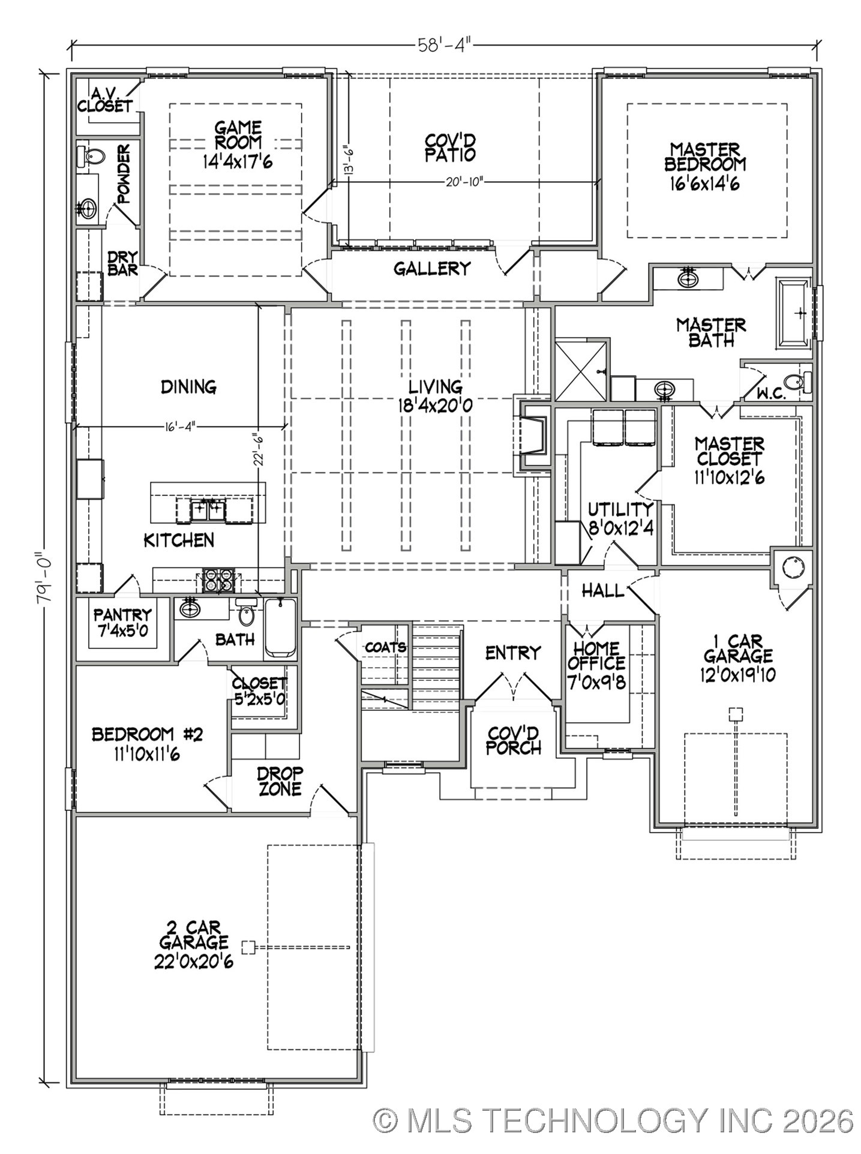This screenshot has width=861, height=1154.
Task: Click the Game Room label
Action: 238,136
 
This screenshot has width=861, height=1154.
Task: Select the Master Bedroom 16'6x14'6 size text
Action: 704,183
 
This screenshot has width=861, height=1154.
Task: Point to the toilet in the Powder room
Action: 91,158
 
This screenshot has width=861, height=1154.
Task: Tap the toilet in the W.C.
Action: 798,381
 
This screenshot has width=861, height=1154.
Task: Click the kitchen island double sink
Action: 208,510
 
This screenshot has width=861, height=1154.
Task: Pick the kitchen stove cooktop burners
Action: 218,581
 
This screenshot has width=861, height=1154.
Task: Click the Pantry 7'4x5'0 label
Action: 122,623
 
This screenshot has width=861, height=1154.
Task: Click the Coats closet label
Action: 385,647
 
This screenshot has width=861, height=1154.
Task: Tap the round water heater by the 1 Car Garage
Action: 793,567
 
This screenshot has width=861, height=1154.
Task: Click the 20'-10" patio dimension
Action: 464,182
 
